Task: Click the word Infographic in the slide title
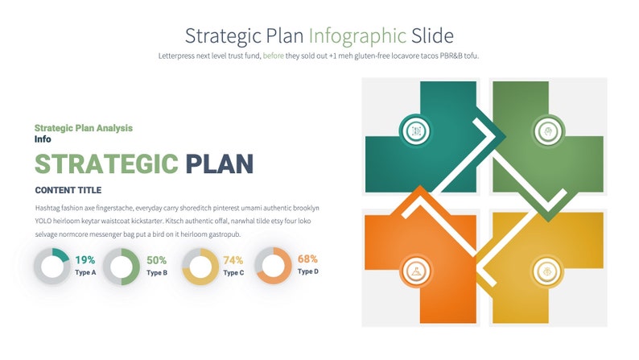pyautogui.click(x=357, y=36)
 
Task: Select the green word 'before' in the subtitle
pyautogui.click(x=274, y=56)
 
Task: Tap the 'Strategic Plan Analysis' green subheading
pyautogui.click(x=84, y=128)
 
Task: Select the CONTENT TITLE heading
pyautogui.click(x=68, y=191)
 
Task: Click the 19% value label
pyautogui.click(x=85, y=260)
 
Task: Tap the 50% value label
pyautogui.click(x=157, y=260)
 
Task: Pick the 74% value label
pyautogui.click(x=233, y=260)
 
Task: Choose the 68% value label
pyautogui.click(x=307, y=259)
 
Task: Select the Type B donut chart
pyautogui.click(x=122, y=267)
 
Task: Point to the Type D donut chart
pyautogui.click(x=274, y=266)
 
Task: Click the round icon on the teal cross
pyautogui.click(x=416, y=130)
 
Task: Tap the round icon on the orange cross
pyautogui.click(x=416, y=271)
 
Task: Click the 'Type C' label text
pyautogui.click(x=233, y=273)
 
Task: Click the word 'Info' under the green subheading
pyautogui.click(x=43, y=139)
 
